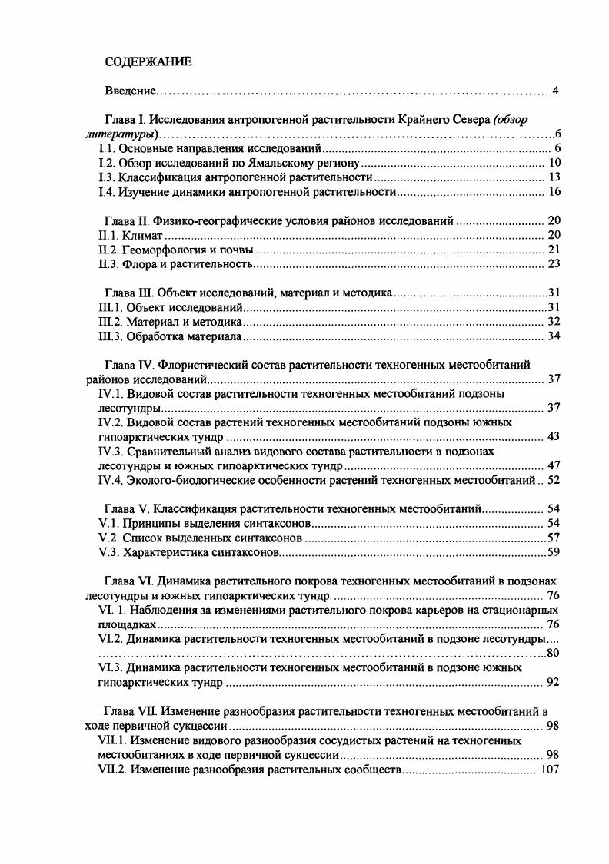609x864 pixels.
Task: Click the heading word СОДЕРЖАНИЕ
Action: [148, 61]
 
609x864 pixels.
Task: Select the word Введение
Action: [130, 92]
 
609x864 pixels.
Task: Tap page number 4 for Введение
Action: [554, 92]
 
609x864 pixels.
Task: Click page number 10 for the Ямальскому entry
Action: [555, 163]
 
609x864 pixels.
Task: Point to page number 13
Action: [555, 177]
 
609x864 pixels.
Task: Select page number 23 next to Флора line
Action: [555, 264]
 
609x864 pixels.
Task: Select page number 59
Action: [553, 552]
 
